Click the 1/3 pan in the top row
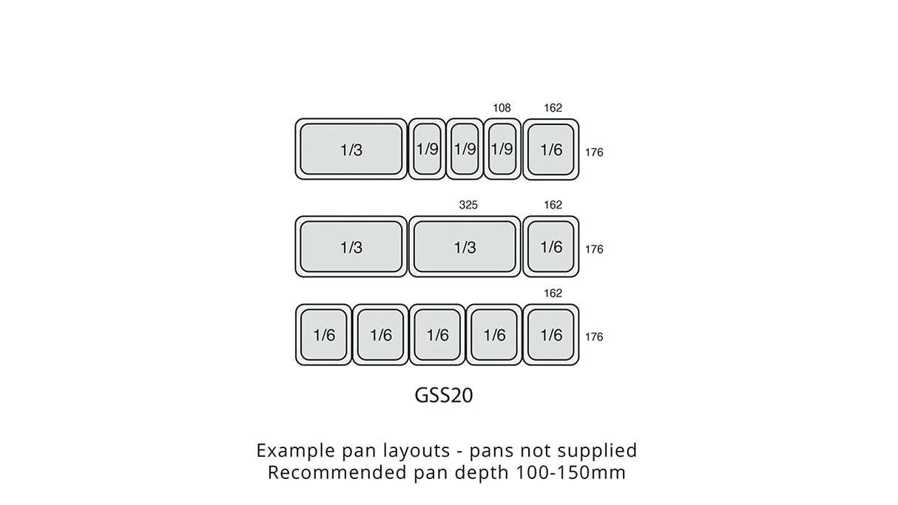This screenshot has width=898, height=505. [x=351, y=149]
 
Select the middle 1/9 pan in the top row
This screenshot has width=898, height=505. [x=465, y=149]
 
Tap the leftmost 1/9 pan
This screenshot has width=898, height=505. [x=428, y=149]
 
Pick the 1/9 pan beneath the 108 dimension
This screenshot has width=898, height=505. [x=502, y=149]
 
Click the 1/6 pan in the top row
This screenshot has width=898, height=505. [x=551, y=149]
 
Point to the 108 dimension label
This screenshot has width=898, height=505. [x=502, y=108]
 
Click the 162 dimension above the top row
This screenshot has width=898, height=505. [x=553, y=108]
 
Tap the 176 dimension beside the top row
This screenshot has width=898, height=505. [x=594, y=153]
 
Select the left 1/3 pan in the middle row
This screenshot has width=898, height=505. [x=351, y=247]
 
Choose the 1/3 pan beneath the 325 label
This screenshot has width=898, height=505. [x=465, y=247]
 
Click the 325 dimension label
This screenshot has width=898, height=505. [x=468, y=205]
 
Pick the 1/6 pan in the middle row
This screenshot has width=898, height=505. [x=551, y=247]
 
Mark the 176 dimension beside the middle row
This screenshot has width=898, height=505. [x=594, y=250]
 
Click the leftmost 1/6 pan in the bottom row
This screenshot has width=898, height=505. [x=324, y=335]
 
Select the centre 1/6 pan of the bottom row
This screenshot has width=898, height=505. [x=438, y=335]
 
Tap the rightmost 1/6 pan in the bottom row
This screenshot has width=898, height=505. [x=551, y=335]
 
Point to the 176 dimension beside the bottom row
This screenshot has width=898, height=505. [x=594, y=337]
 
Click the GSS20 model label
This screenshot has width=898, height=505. [x=443, y=396]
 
